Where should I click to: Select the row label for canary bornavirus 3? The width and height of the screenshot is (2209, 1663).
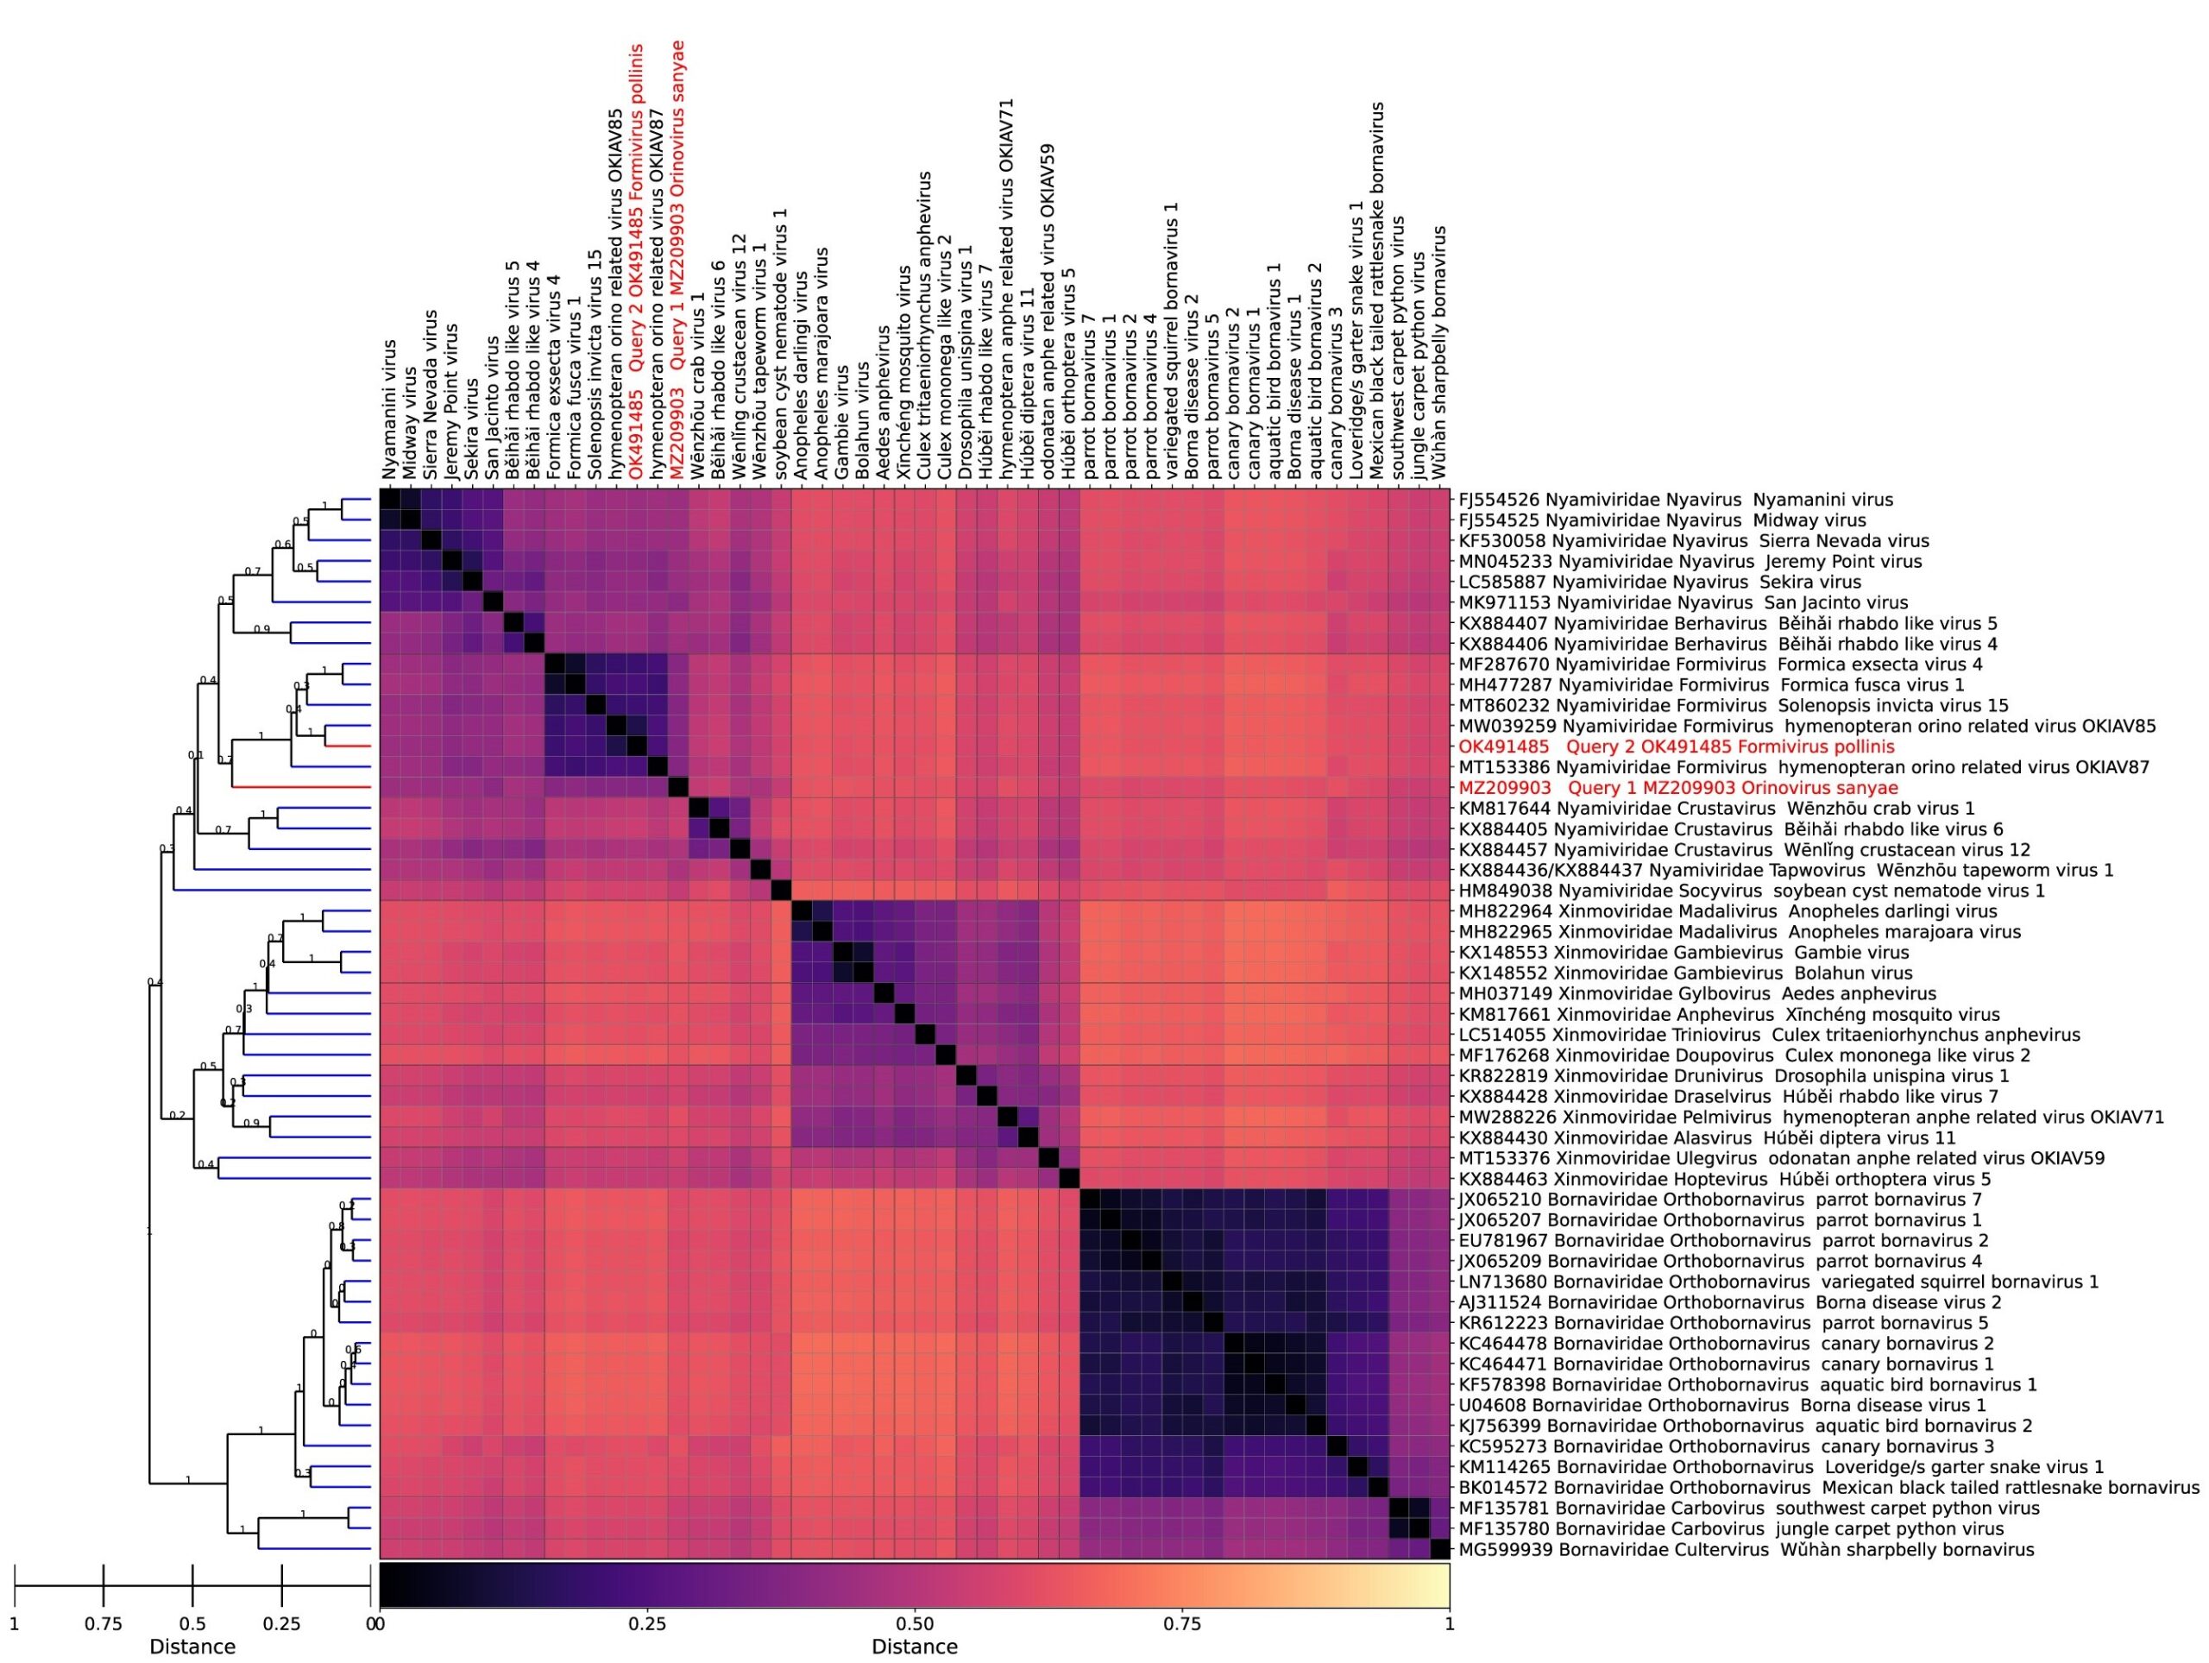pos(1726,1446)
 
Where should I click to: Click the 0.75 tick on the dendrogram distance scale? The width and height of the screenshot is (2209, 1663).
pos(104,1595)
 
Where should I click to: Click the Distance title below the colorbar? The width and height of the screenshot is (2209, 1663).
pos(914,1646)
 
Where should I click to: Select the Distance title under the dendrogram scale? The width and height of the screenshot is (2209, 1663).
pos(192,1646)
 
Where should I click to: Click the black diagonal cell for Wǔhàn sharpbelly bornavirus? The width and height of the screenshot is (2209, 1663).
pos(1439,1549)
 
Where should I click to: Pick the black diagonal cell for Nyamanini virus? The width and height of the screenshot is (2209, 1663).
pos(391,500)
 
